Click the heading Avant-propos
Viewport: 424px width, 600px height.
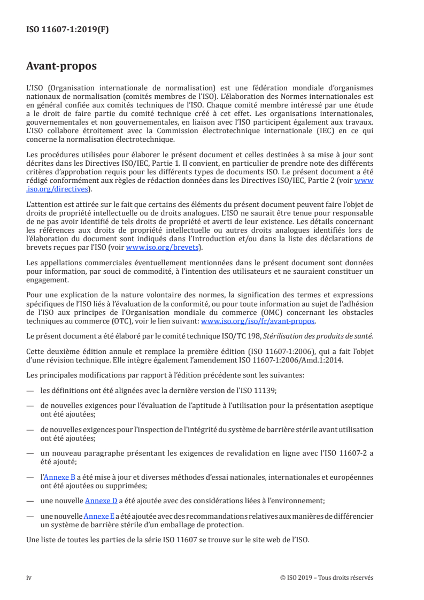click(61, 67)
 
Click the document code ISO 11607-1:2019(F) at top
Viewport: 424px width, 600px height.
click(67, 30)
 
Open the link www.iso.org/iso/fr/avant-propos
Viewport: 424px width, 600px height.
click(258, 321)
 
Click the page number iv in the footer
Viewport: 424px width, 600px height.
click(29, 577)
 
